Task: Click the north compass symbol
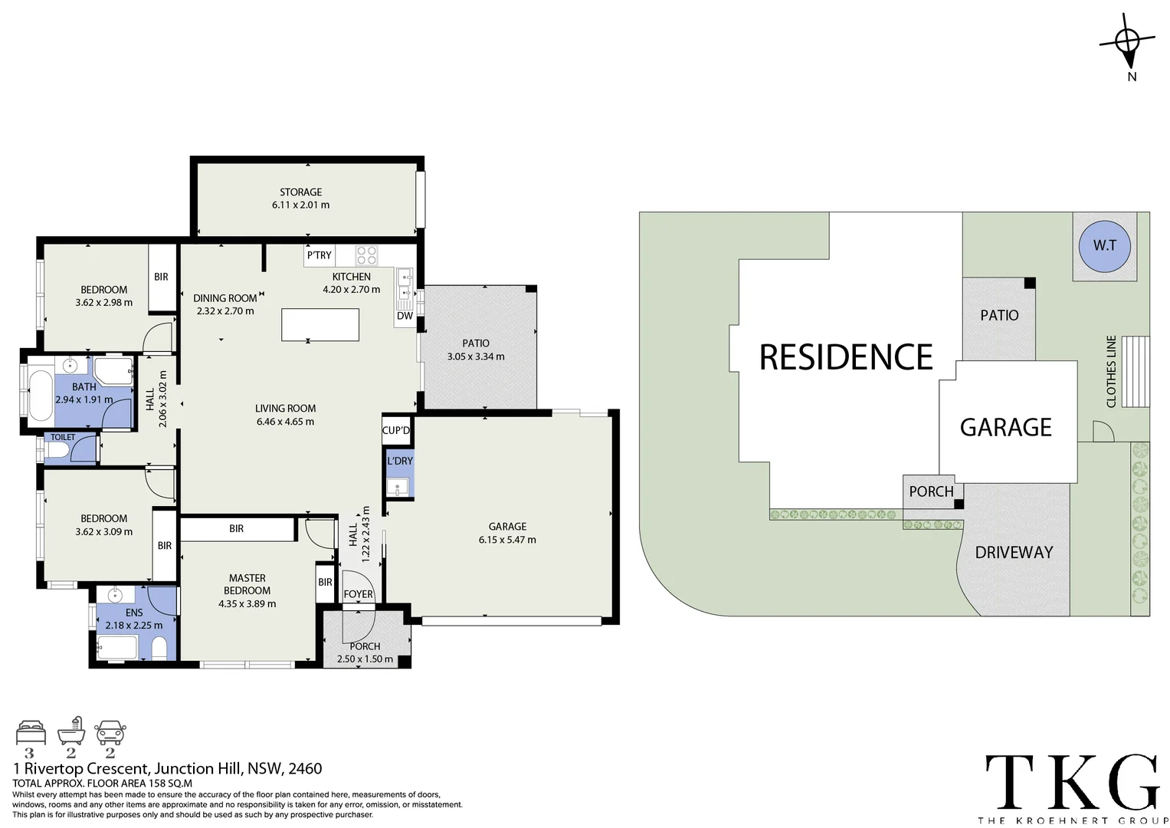(1127, 42)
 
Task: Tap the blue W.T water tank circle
(1104, 245)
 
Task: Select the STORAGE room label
(300, 192)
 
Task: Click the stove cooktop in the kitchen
(366, 255)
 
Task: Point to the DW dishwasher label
(405, 316)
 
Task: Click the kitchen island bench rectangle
(320, 324)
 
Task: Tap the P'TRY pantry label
(319, 255)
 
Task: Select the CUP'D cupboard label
(395, 430)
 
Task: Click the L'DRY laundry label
(399, 461)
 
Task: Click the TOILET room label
(63, 437)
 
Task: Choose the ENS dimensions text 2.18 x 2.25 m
(134, 625)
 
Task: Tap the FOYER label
(358, 594)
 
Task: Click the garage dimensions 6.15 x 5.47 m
(507, 540)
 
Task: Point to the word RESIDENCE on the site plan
(846, 357)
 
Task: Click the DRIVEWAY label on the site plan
(1014, 552)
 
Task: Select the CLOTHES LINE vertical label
(1111, 371)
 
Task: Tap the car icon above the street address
(110, 733)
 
